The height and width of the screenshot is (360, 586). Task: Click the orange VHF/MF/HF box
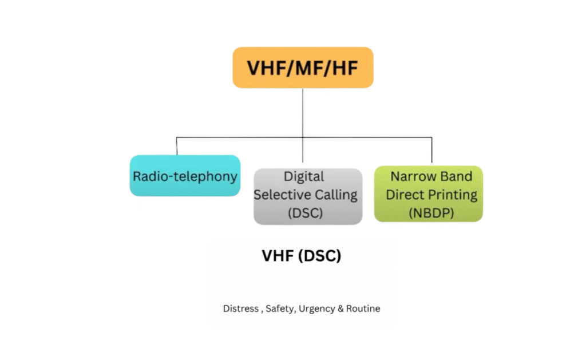tap(303, 68)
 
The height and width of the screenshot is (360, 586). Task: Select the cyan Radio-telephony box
tap(185, 176)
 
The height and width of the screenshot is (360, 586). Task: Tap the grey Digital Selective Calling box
tap(308, 196)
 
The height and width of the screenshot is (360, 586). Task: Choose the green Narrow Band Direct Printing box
tap(429, 194)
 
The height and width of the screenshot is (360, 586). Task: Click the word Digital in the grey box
tap(303, 176)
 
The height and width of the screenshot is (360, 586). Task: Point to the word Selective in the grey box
tap(279, 195)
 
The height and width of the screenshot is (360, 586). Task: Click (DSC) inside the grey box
tap(305, 213)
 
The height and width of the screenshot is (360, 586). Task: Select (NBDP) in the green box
tap(431, 212)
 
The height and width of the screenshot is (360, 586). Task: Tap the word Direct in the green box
tap(405, 194)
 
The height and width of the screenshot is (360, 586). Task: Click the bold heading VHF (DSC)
tap(302, 256)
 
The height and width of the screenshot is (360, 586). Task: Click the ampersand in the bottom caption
tap(339, 308)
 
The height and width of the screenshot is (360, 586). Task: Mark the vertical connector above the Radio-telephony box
tap(177, 146)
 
